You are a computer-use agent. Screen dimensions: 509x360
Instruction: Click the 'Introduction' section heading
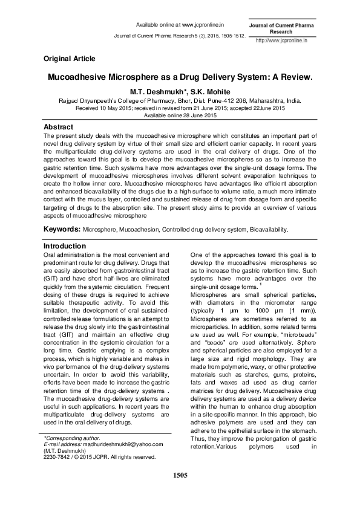tap(65, 246)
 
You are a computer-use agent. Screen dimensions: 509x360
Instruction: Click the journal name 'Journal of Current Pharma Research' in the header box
tap(281, 27)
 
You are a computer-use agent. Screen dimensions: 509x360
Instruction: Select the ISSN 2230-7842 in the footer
tap(57, 457)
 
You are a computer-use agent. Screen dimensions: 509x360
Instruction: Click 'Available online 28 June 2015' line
tap(180, 115)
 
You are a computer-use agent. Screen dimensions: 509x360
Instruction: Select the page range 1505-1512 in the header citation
tap(230, 36)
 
